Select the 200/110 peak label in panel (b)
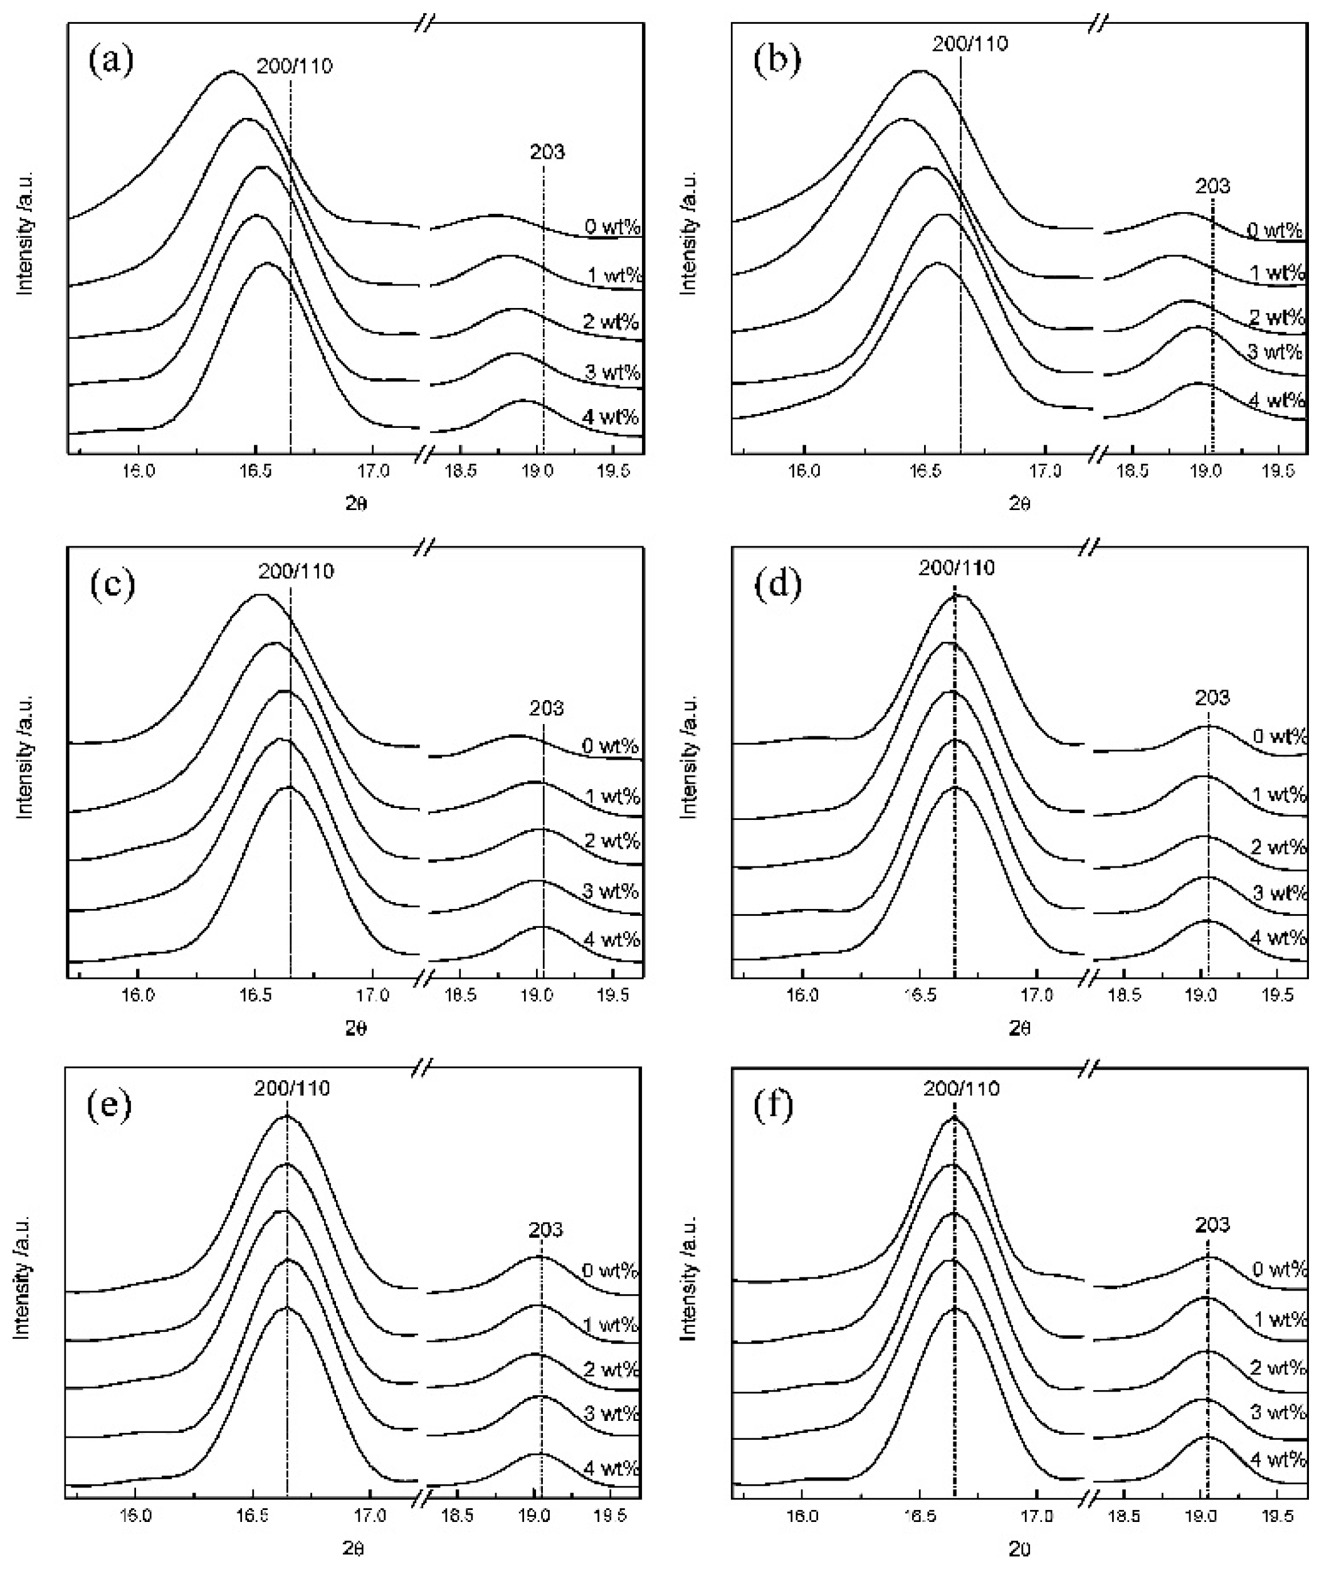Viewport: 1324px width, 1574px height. point(970,43)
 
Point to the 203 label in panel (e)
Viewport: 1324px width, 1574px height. point(545,1230)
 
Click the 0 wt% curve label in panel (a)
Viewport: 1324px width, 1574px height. point(612,226)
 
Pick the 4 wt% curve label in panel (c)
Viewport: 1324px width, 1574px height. point(611,939)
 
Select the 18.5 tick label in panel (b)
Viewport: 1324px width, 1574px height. point(1132,472)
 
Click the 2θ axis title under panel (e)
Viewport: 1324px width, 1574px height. point(356,1548)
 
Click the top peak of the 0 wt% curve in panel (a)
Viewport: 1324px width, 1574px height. point(231,72)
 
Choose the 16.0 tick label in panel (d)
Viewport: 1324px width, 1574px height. point(802,996)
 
